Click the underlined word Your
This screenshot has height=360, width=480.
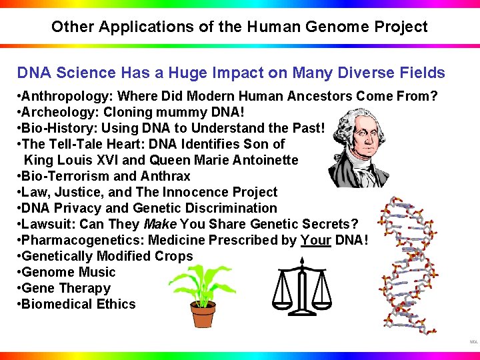pyautogui.click(x=315, y=240)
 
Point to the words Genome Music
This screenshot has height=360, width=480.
pyautogui.click(x=69, y=272)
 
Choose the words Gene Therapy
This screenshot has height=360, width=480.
pyautogui.click(x=66, y=288)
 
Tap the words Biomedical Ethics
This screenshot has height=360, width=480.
pyautogui.click(x=79, y=304)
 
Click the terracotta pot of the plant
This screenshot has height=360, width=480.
pyautogui.click(x=203, y=314)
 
